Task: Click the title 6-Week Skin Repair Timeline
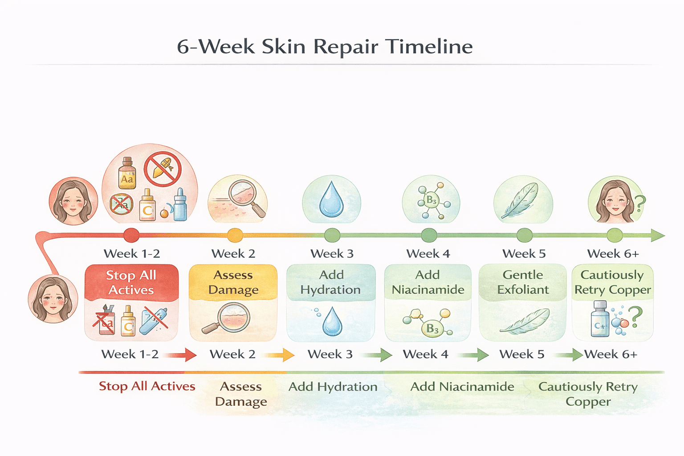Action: (325, 46)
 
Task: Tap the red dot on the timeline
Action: (131, 235)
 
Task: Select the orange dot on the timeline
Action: (235, 235)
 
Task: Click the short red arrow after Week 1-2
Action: (183, 354)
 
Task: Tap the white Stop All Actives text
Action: (131, 282)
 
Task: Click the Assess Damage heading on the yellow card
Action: (233, 282)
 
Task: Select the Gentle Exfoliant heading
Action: (523, 282)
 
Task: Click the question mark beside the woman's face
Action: (640, 203)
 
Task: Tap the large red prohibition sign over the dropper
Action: (163, 169)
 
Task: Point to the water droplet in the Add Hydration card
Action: (332, 321)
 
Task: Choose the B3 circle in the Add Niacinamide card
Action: (432, 329)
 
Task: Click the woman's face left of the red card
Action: (53, 299)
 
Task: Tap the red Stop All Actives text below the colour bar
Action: (147, 386)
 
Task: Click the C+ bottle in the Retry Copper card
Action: (599, 319)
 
